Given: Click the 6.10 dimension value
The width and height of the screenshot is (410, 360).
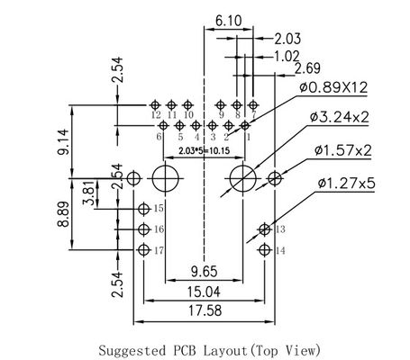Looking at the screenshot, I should pyautogui.click(x=228, y=17).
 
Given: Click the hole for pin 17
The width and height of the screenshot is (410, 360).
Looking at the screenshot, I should pyautogui.click(x=143, y=248).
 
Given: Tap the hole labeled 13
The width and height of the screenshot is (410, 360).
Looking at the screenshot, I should pyautogui.click(x=264, y=229).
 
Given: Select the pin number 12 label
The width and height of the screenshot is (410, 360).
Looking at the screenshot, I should pyautogui.click(x=156, y=115).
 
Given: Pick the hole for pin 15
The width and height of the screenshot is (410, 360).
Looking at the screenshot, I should pyautogui.click(x=143, y=209).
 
